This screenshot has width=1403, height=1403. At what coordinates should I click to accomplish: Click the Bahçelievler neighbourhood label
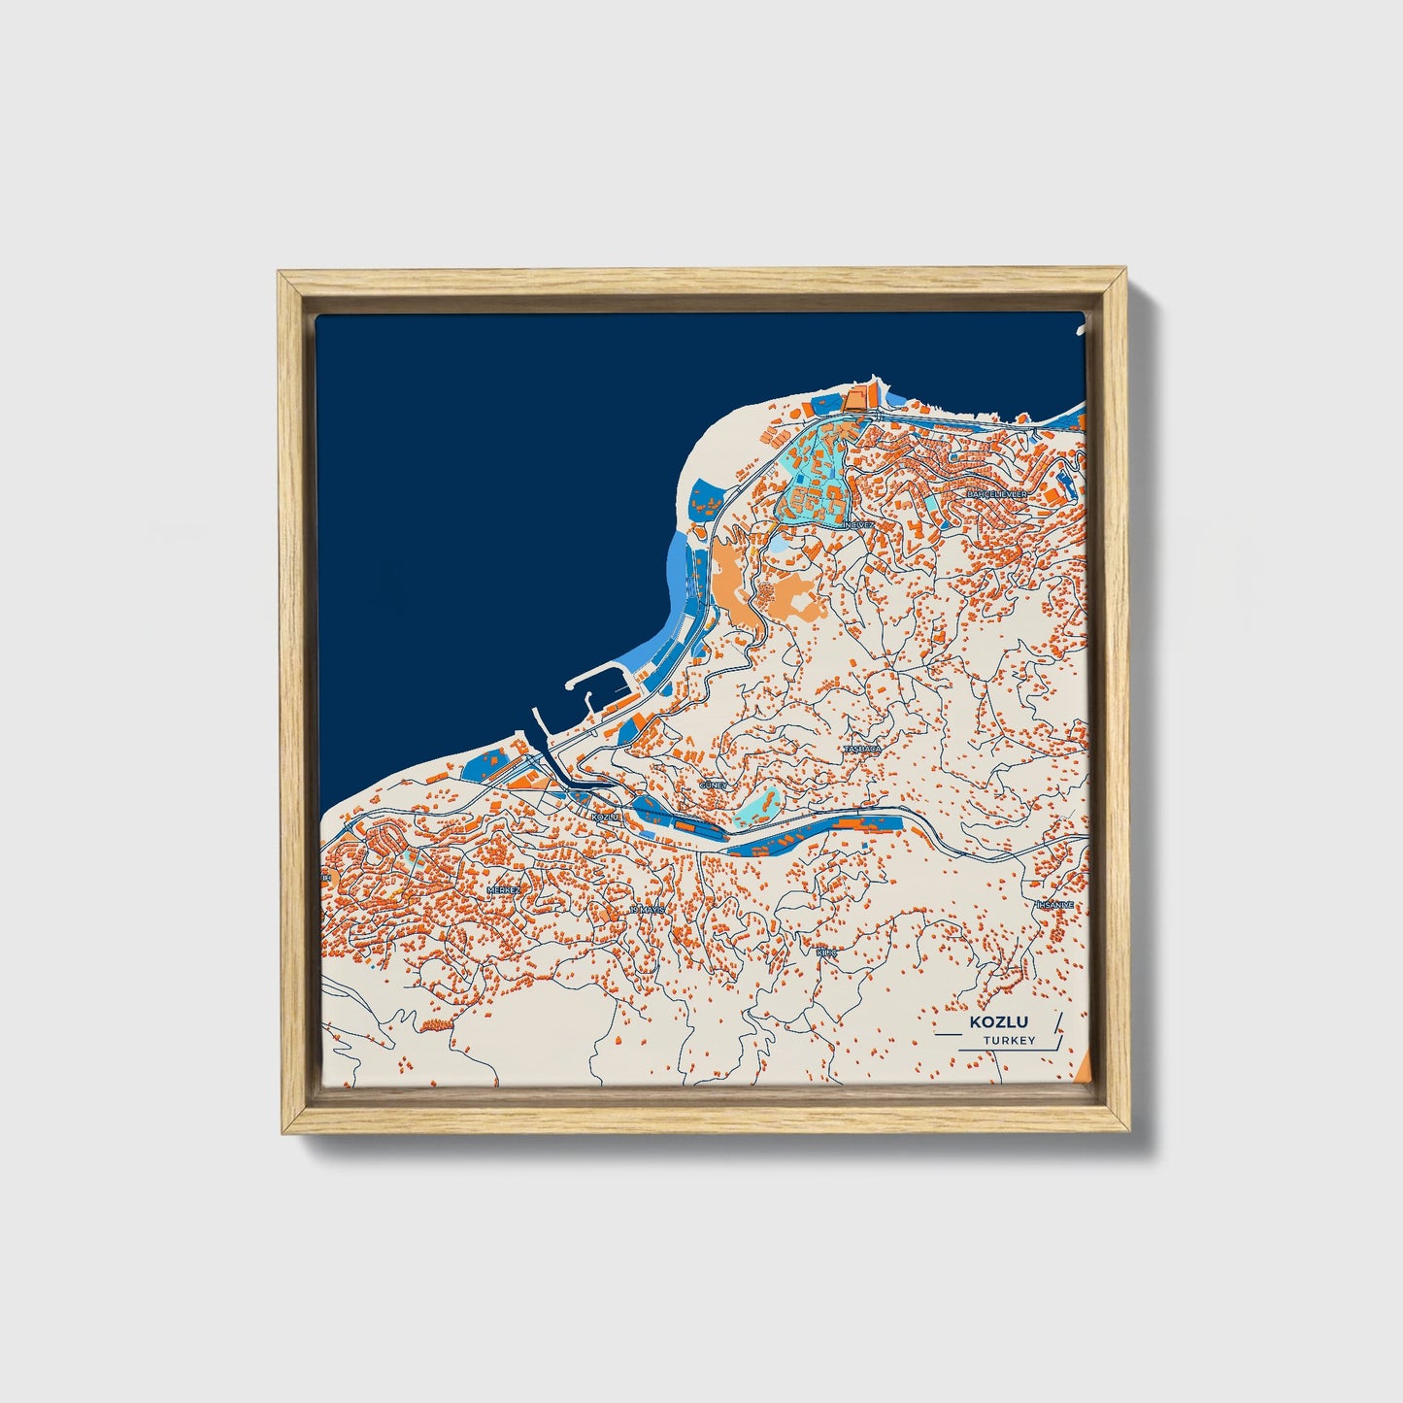tap(996, 494)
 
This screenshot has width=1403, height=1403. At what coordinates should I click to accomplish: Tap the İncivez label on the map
tap(858, 524)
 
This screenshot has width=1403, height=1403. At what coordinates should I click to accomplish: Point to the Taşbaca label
tap(862, 750)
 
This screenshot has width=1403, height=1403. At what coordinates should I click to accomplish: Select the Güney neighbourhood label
tap(714, 785)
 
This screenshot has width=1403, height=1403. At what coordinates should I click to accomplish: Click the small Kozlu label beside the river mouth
tap(604, 818)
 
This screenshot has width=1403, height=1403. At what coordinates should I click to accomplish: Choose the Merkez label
tap(504, 889)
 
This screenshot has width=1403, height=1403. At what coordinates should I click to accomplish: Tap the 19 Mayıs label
tap(648, 910)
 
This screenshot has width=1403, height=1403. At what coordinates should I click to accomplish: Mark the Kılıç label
tap(826, 952)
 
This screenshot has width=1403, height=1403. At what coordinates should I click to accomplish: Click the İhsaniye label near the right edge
tap(1055, 905)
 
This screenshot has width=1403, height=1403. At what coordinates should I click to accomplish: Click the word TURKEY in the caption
tap(1009, 1041)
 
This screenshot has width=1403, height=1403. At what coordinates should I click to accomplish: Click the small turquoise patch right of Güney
tap(758, 807)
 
